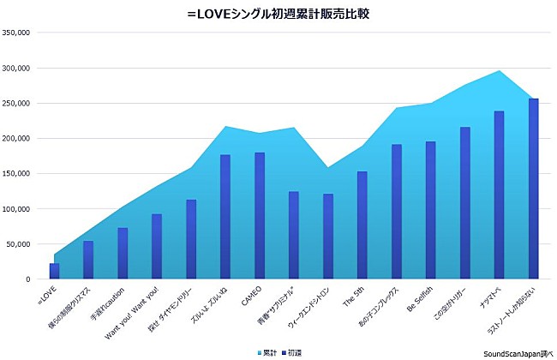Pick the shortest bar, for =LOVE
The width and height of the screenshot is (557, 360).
(54, 271)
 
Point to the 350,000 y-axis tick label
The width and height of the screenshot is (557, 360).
(16, 33)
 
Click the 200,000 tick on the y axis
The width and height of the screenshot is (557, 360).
(16, 138)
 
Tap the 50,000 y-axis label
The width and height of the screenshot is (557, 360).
(18, 244)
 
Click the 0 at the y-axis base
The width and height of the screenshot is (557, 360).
(27, 279)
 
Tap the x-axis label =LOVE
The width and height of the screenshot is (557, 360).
(46, 296)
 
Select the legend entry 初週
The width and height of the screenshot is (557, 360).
(292, 352)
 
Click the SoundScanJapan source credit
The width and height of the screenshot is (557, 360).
(518, 352)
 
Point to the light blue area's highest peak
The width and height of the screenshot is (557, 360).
(500, 72)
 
